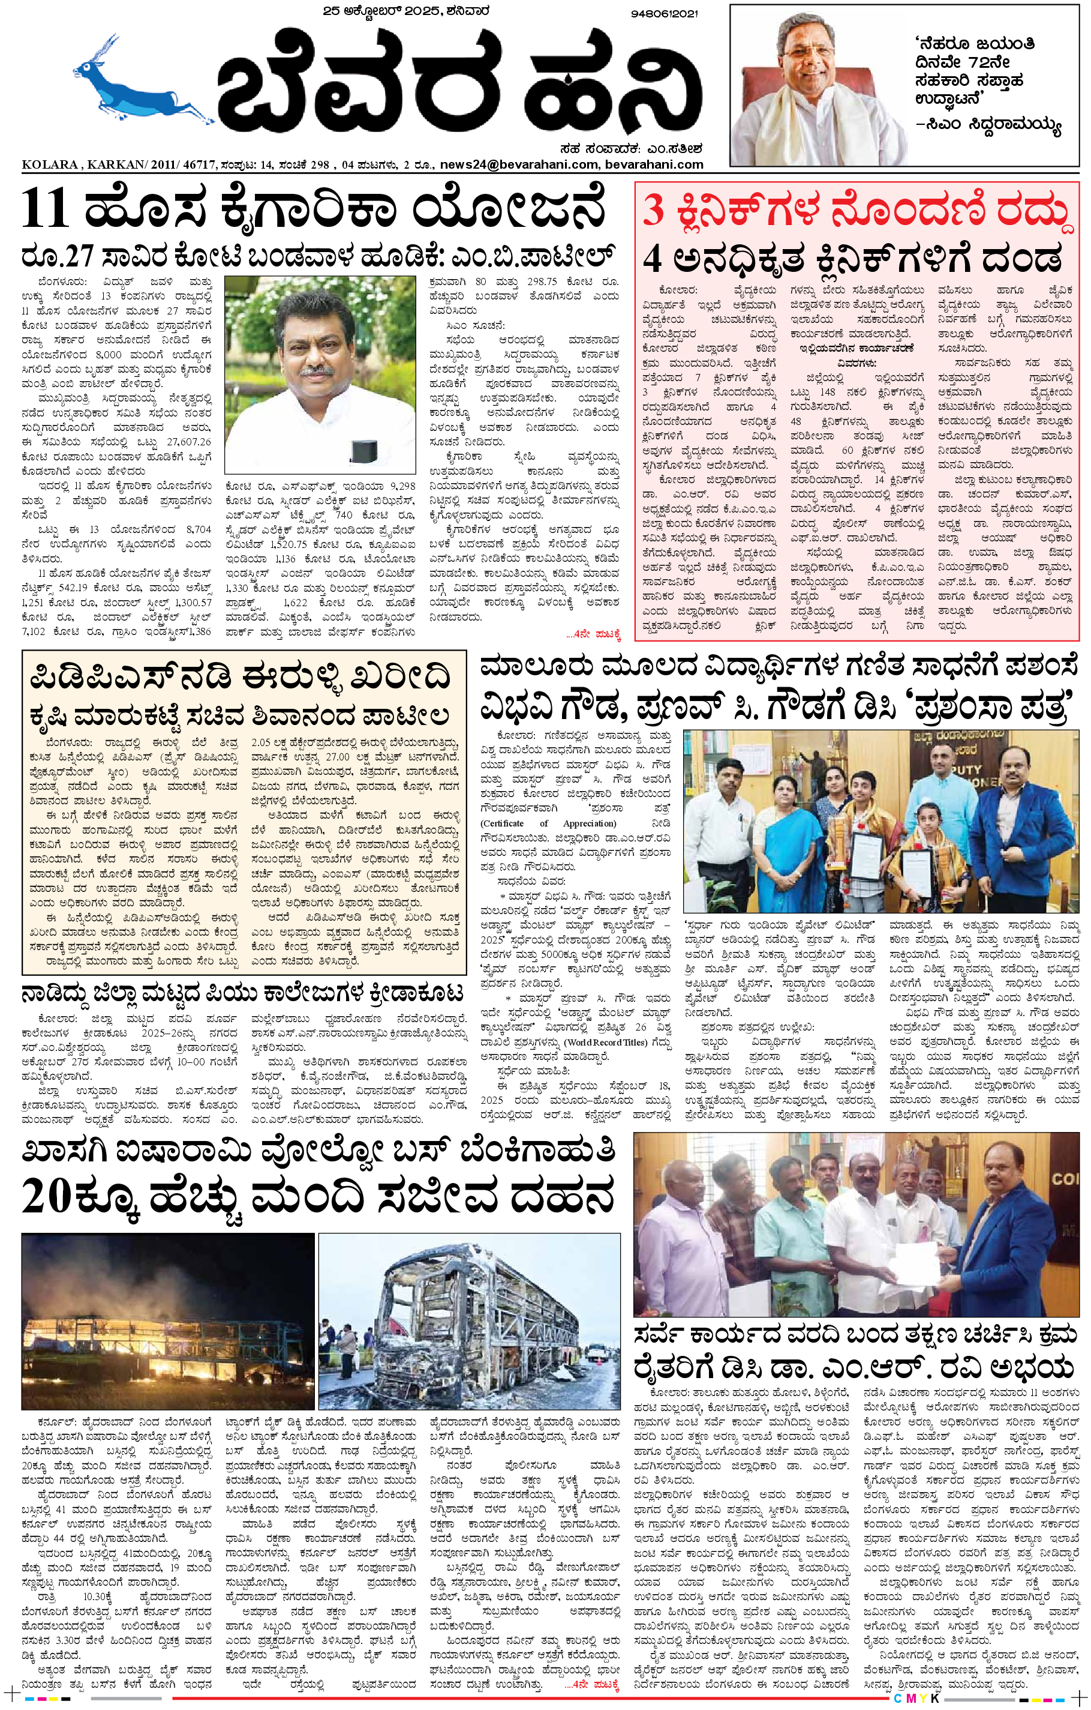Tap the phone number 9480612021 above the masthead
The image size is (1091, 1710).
(664, 13)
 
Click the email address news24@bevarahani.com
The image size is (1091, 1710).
(519, 164)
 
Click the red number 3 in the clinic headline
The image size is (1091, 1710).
(653, 211)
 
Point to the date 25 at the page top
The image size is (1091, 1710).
(332, 11)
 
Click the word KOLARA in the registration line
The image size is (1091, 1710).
(50, 164)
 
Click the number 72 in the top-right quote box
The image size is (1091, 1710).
(979, 62)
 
